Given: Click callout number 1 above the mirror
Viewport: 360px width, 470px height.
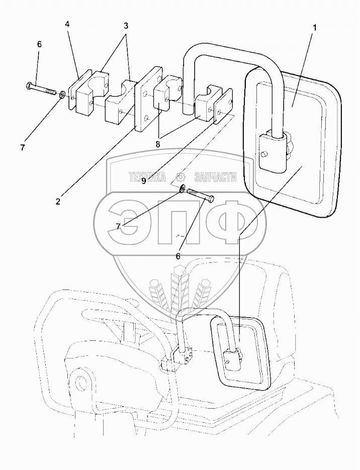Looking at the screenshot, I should pos(315,28).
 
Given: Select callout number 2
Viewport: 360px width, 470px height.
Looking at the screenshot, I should pos(58,201).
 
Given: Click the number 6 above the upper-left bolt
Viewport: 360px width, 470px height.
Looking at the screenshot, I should pos(39,44).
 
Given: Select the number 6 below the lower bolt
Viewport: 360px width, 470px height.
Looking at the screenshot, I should pos(177,256).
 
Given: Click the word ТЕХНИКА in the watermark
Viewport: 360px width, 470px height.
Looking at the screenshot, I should pos(148,177).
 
